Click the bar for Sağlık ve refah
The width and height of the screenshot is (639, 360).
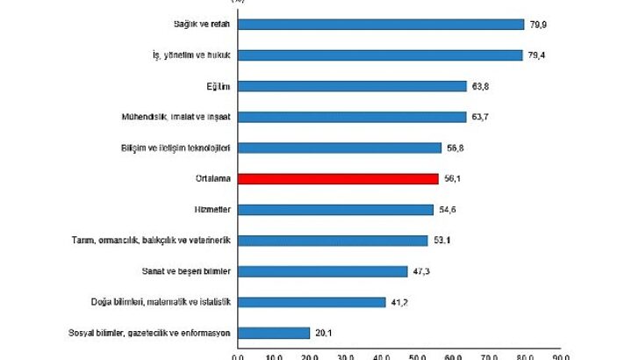pyautogui.click(x=381, y=25)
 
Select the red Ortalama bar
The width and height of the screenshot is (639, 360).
pyautogui.click(x=338, y=179)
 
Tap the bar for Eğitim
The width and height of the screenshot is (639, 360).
pyautogui.click(x=352, y=86)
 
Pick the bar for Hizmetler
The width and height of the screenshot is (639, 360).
pyautogui.click(x=335, y=210)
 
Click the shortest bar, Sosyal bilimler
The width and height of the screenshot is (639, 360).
pyautogui.click(x=274, y=333)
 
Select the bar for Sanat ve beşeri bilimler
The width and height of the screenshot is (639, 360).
pyautogui.click(x=322, y=271)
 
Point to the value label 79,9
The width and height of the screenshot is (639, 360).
pyautogui.click(x=538, y=25)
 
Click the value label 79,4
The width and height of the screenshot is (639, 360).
pyautogui.click(x=536, y=55)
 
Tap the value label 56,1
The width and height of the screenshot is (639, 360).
pyautogui.click(x=452, y=179)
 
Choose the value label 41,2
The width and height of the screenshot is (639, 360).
pyautogui.click(x=399, y=302)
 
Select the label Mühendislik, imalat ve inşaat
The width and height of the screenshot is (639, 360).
pyautogui.click(x=176, y=117)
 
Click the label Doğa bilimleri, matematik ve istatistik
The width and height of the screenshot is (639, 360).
pyautogui.click(x=160, y=302)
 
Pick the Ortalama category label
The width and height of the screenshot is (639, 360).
pyautogui.click(x=212, y=179)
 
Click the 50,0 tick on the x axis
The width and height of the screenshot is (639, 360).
pyautogui.click(x=418, y=356)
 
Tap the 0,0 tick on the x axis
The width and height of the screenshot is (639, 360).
pyautogui.click(x=238, y=356)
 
